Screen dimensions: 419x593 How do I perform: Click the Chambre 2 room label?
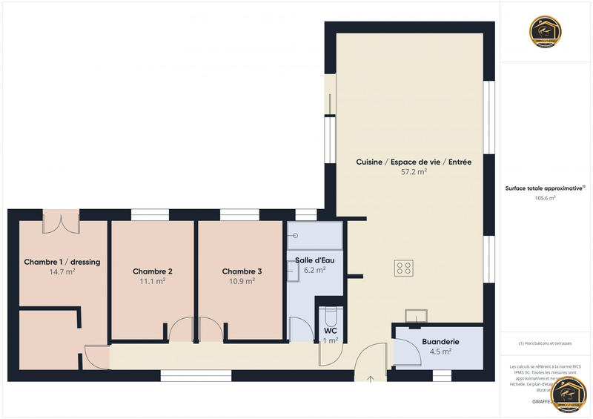click(153, 271)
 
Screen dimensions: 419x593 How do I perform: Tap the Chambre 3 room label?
click(242, 271)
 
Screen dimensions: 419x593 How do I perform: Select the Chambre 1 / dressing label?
click(62, 262)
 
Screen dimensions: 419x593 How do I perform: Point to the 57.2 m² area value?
click(414, 172)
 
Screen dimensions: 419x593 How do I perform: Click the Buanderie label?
click(440, 341)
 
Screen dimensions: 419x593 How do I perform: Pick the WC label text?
click(331, 331)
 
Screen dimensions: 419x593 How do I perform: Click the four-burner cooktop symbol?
click(405, 268)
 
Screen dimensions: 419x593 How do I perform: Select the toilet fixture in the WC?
click(330, 309)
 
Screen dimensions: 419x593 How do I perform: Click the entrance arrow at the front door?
click(371, 378)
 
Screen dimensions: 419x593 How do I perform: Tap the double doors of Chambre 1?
click(61, 222)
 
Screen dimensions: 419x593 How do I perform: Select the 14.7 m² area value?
click(62, 272)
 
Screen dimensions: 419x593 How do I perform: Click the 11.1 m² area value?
click(153, 282)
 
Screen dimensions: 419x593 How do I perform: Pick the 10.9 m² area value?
click(242, 282)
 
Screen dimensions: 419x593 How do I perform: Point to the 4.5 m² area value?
click(440, 352)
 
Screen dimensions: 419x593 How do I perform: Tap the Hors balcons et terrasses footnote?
click(546, 343)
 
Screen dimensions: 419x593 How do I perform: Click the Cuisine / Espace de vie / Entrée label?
click(414, 162)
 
